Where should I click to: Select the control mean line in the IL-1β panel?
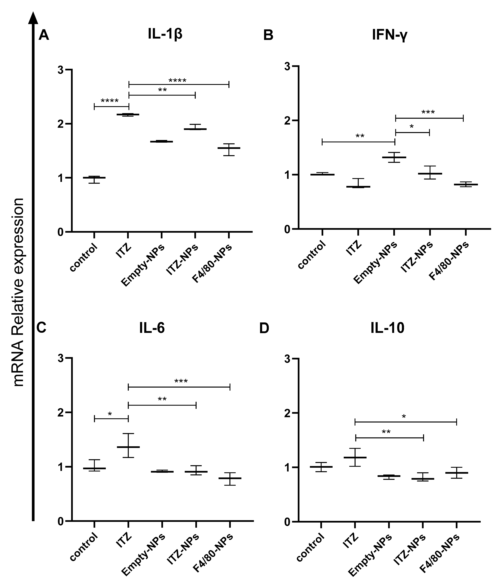point(94,178)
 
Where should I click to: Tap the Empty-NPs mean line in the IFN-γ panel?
point(394,157)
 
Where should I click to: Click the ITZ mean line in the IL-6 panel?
point(128,447)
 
